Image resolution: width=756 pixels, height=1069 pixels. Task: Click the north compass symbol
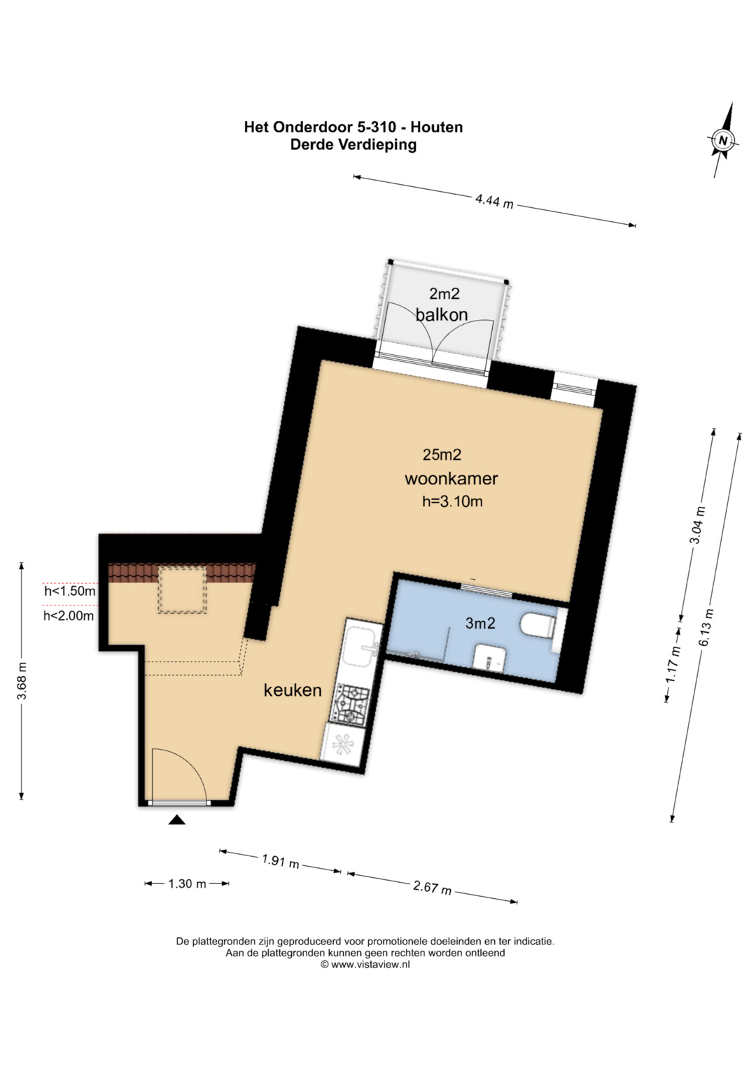(x=723, y=140)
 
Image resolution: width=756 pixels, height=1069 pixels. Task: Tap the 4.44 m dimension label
(x=494, y=201)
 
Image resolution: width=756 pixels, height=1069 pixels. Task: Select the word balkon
(x=442, y=314)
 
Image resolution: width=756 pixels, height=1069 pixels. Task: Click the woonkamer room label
(x=451, y=478)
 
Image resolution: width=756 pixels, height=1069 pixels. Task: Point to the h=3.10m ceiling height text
(x=452, y=501)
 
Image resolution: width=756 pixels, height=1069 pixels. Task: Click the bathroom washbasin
(x=489, y=657)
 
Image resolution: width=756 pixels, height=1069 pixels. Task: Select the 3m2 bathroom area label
(x=480, y=623)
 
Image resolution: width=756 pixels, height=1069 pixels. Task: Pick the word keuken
(x=293, y=690)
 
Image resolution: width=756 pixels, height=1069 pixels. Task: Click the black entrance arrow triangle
(x=177, y=820)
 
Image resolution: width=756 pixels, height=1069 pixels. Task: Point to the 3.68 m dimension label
(x=22, y=680)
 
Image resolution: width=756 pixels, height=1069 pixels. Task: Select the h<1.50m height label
(x=70, y=592)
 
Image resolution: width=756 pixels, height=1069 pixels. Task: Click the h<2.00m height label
(x=69, y=616)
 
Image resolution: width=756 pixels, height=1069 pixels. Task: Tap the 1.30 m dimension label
(x=187, y=883)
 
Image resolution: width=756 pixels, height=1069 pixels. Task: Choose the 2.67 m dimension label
(x=432, y=888)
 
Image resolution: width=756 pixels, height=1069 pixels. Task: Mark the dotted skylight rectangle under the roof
(x=182, y=590)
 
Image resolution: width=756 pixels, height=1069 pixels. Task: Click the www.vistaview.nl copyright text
(x=365, y=964)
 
